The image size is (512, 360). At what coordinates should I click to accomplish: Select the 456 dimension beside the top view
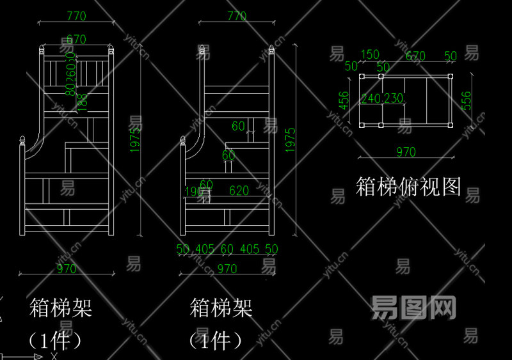coord(344,100)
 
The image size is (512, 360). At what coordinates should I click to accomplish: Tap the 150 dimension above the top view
coord(370,55)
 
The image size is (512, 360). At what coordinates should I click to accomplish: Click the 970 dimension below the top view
coord(406,152)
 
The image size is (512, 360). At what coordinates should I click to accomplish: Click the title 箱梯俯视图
coord(408,187)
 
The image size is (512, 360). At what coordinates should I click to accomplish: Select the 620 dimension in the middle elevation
coord(239,190)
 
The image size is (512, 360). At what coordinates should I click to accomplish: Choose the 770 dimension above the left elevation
coord(76,16)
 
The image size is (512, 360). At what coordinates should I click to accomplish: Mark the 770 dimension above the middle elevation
coord(237,16)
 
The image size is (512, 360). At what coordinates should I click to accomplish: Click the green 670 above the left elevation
coord(76,39)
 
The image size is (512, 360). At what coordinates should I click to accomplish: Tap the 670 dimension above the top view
coord(415,56)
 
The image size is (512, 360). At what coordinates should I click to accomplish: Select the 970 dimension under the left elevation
coord(67,269)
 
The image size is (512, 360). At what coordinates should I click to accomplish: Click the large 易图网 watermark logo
coord(413,308)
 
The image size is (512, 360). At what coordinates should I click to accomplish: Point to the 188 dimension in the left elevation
coord(82,102)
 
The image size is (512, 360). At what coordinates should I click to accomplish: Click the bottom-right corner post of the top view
coord(451,125)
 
